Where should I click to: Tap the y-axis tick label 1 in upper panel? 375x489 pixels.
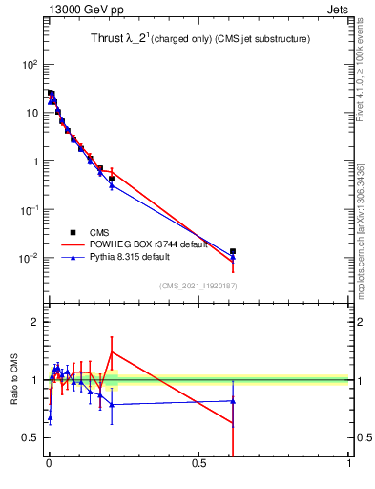pyautogui.click(x=34, y=161)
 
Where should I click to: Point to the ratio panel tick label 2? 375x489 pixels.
pyautogui.click(x=35, y=322)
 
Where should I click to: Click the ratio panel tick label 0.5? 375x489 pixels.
pyautogui.click(x=31, y=438)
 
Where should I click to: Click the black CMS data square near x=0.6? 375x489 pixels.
pyautogui.click(x=233, y=251)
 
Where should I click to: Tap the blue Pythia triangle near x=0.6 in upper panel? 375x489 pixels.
pyautogui.click(x=233, y=257)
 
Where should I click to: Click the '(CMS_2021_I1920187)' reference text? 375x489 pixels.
pyautogui.click(x=198, y=286)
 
